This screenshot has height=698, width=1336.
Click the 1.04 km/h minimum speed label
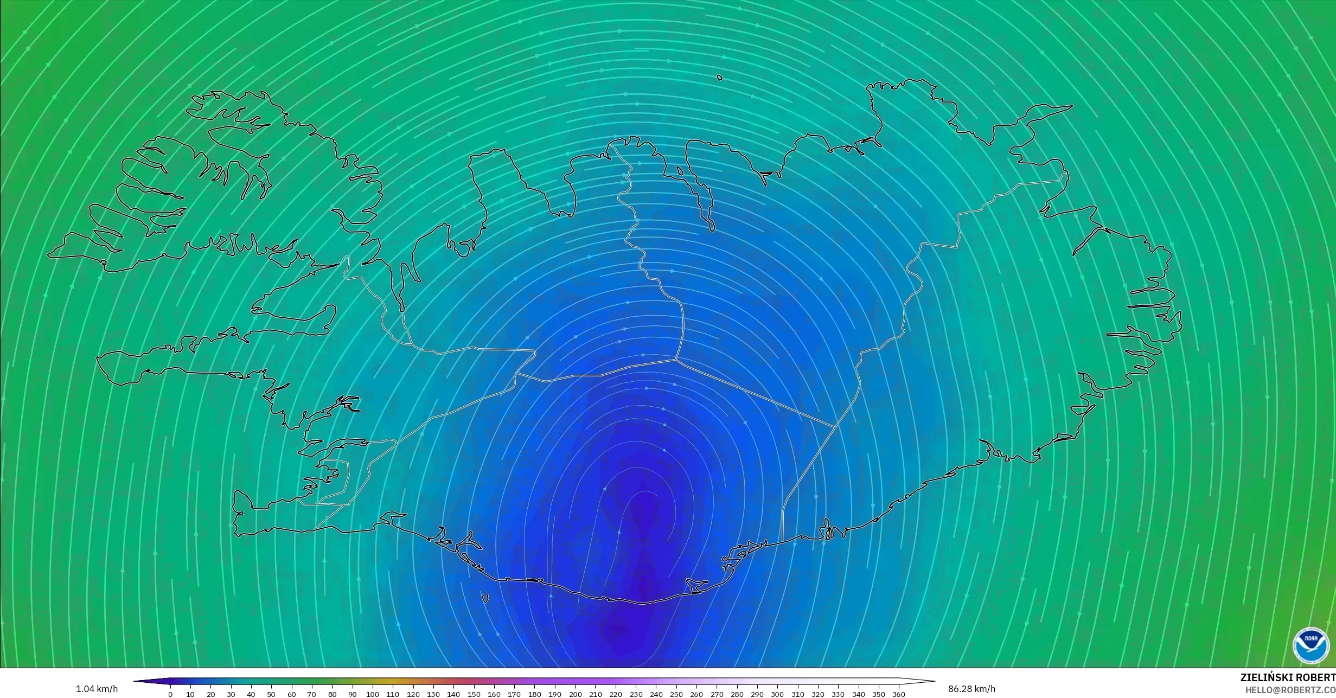pos(97,689)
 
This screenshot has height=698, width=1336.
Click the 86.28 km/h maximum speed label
pos(971,689)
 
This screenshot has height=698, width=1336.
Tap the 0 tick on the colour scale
pos(170,694)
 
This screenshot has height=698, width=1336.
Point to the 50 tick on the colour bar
pos(271,694)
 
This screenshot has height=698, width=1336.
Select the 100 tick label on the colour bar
pos(372,694)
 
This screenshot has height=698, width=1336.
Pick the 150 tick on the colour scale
pos(474,694)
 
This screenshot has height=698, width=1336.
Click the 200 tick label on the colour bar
pos(575,694)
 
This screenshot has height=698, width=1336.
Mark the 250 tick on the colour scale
pos(676,694)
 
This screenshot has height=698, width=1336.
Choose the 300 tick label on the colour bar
pos(777,694)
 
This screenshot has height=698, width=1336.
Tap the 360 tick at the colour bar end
pos(899,694)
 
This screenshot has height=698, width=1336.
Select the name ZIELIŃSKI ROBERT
pos(1288,677)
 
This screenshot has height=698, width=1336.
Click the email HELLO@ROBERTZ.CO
pos(1290,690)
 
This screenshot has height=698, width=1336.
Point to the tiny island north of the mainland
pos(720,78)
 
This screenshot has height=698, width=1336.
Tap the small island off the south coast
pos(485,599)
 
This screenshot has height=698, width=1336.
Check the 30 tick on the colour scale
pos(231,694)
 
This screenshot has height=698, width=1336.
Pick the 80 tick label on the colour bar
pos(332,694)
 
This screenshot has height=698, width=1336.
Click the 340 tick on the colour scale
pos(858,694)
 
